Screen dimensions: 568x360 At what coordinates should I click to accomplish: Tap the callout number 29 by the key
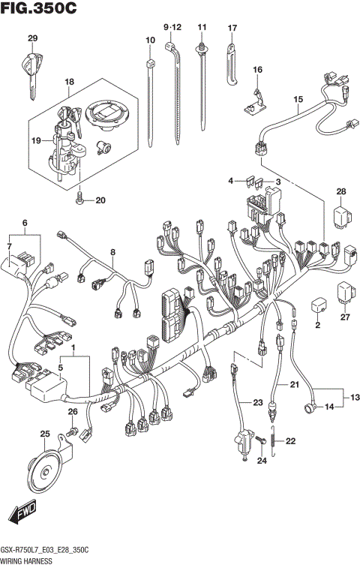click(x=32, y=38)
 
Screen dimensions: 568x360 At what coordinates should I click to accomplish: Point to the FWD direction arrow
click(x=23, y=515)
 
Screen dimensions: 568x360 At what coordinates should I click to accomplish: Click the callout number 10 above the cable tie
click(x=150, y=39)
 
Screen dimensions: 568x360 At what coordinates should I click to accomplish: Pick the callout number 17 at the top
click(x=232, y=29)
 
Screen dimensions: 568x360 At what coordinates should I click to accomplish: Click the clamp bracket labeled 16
click(x=256, y=100)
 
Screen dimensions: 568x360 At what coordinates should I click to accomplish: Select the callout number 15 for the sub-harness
click(x=298, y=100)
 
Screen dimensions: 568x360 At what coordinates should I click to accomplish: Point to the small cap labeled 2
click(x=317, y=306)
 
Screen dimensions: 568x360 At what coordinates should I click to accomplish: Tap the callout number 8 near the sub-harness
click(x=112, y=252)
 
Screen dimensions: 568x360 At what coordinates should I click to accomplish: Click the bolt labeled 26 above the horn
click(x=73, y=433)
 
